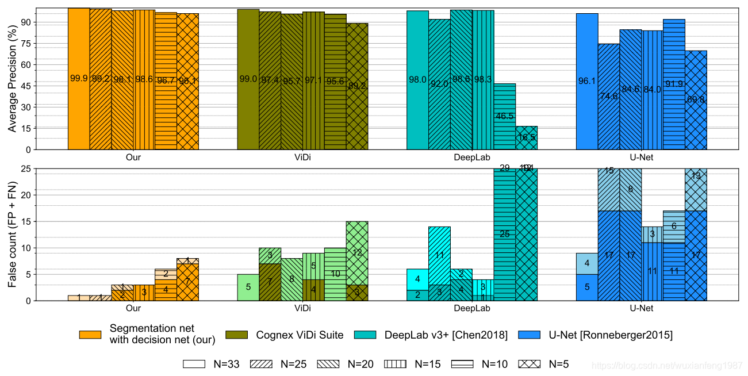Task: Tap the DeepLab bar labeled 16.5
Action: point(526,137)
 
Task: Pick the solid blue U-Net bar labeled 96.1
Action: point(587,81)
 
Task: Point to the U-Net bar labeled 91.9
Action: point(674,84)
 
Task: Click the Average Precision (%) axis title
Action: point(12,79)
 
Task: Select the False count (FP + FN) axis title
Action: point(12,235)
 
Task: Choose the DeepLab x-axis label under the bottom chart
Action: point(472,308)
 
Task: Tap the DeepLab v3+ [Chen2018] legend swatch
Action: point(366,335)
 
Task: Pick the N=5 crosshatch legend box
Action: point(530,364)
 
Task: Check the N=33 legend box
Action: point(194,364)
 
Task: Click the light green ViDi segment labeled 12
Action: point(357,253)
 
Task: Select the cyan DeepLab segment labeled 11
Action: point(439,255)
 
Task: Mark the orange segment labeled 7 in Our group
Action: point(187,282)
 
